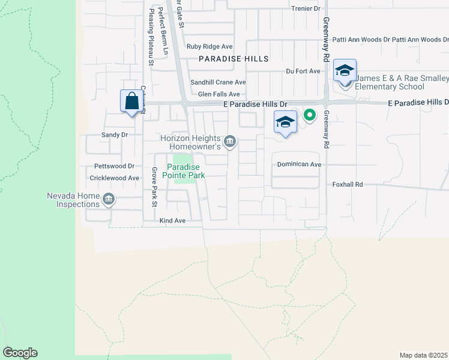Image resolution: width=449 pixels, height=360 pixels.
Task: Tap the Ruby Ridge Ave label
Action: point(209,46)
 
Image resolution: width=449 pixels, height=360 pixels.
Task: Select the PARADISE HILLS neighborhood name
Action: point(234,59)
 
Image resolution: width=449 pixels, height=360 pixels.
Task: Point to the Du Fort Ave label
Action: point(303,71)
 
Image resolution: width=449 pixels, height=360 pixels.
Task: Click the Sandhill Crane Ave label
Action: point(218,82)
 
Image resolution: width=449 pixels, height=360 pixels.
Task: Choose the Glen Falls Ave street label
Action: point(218,94)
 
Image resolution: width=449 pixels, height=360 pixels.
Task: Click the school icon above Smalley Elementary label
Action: point(345,70)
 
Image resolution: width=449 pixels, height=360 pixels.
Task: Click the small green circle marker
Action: point(310,115)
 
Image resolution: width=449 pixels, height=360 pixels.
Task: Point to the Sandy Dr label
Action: point(115,135)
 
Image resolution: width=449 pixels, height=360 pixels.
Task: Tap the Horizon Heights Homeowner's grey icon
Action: point(230,142)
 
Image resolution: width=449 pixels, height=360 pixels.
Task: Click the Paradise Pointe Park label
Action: point(186,171)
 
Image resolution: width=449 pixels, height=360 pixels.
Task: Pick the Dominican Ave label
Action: point(299,164)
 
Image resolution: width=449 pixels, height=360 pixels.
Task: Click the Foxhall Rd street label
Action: point(348,185)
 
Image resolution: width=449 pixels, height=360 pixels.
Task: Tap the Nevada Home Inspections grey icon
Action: point(109,199)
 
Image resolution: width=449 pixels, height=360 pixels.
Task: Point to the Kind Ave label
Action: point(172,221)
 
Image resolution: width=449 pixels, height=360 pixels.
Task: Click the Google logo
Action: point(20,353)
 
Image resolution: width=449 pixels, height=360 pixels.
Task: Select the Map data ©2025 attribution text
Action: point(423,355)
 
